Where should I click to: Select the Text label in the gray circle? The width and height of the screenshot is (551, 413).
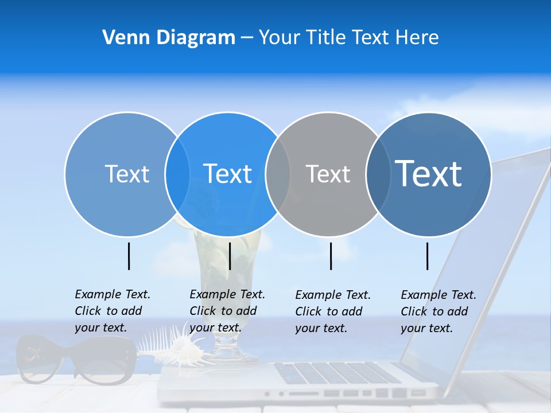click(x=328, y=174)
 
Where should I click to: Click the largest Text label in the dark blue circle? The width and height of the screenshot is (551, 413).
click(x=428, y=173)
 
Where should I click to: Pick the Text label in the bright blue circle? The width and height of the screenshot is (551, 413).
click(x=227, y=174)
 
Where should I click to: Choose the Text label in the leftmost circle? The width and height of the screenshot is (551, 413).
click(x=127, y=174)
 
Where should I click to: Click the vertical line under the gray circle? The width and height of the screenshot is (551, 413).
click(x=331, y=256)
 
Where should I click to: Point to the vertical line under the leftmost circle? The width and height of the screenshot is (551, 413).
click(x=129, y=256)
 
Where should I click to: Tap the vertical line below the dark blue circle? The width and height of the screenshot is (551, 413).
click(x=428, y=256)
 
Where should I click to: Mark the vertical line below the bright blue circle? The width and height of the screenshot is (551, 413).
click(x=230, y=256)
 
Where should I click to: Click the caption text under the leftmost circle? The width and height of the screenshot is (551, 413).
click(x=112, y=311)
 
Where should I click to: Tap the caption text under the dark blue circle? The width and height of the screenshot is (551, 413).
click(x=438, y=311)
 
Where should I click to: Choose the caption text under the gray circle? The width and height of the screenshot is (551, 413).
click(x=332, y=311)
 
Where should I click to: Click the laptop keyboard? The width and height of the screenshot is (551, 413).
click(x=339, y=373)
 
